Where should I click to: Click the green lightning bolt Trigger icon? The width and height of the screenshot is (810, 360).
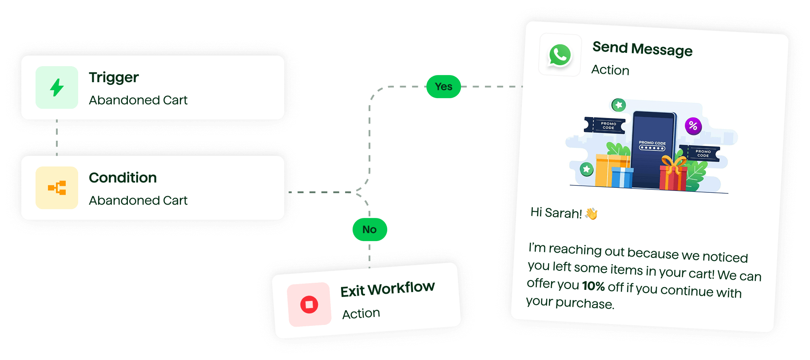click(57, 87)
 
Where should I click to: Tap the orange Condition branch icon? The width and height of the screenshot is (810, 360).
click(57, 188)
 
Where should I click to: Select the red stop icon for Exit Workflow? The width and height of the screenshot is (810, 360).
click(309, 305)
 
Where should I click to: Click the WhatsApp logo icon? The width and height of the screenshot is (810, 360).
click(560, 55)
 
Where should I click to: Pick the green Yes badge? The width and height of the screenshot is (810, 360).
click(443, 87)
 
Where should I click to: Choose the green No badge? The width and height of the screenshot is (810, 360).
click(369, 229)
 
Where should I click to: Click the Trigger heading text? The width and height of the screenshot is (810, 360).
click(114, 78)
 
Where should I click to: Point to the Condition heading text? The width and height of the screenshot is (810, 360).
click(123, 178)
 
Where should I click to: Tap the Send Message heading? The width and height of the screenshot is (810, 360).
click(642, 49)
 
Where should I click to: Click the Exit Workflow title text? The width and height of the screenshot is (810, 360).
click(387, 289)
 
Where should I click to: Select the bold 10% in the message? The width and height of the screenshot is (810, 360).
click(593, 286)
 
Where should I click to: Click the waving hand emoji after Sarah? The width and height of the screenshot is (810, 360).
click(592, 214)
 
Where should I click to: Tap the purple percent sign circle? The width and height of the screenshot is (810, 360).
click(693, 126)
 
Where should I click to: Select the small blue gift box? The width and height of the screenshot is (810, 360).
click(622, 177)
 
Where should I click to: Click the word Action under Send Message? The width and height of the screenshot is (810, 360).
click(610, 70)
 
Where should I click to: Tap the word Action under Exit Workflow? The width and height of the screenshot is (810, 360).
click(361, 314)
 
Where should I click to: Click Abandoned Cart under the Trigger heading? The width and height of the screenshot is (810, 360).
click(138, 100)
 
